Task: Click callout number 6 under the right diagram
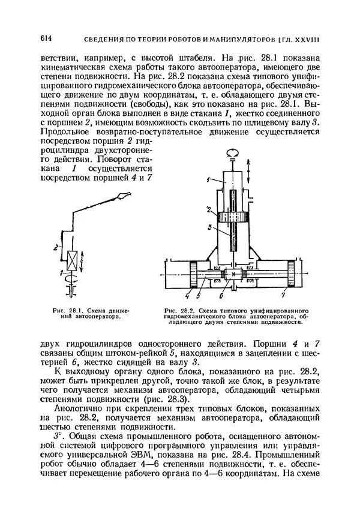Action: (221, 296)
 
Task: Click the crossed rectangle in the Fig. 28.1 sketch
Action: (70, 261)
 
